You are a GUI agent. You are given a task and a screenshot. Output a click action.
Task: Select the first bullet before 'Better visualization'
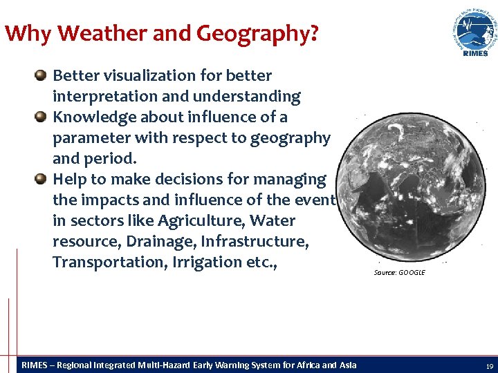click(x=41, y=75)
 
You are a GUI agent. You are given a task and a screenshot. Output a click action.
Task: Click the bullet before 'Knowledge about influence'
click(x=41, y=116)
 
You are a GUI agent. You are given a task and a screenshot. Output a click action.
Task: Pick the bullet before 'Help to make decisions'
click(x=41, y=179)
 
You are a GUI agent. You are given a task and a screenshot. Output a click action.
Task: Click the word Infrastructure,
click(x=249, y=242)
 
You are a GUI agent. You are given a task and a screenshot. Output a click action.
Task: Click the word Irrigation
click(x=200, y=262)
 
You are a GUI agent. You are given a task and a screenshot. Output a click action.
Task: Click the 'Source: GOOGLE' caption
click(x=399, y=273)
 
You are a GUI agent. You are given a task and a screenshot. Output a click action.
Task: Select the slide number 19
click(x=489, y=366)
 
